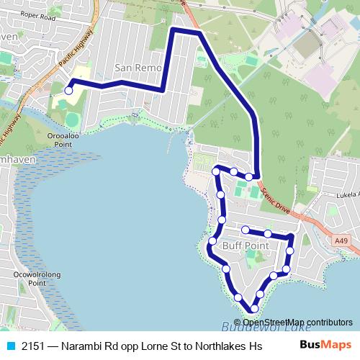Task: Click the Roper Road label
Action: pos(38,14)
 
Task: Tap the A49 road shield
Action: pos(341,242)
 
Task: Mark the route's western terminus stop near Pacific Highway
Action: pos(69,91)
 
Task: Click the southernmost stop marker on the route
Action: pos(253,309)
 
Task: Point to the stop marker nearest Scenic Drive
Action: pos(249,176)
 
